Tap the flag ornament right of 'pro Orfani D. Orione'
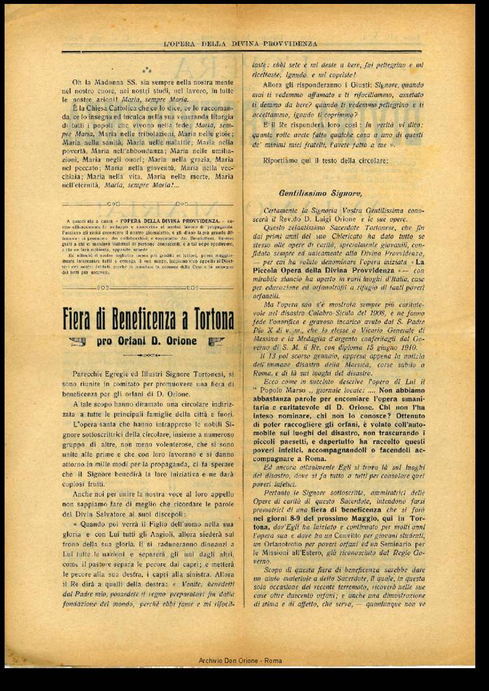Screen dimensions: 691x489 (x=216, y=341)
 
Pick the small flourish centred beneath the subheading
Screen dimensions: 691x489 (x=147, y=355)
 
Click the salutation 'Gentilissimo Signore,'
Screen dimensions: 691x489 (x=319, y=193)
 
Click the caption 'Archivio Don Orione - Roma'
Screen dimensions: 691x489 (x=240, y=661)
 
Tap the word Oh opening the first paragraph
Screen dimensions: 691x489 (x=76, y=83)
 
